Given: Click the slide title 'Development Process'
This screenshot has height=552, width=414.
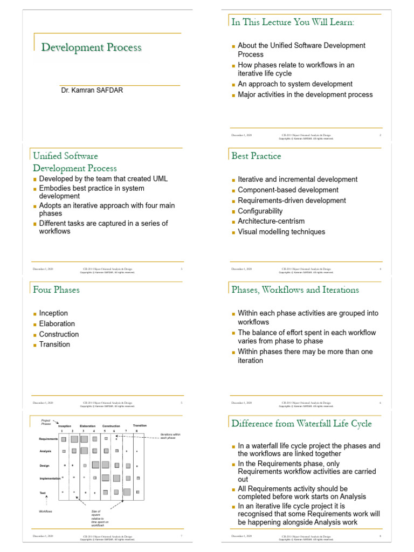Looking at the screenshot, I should point(92,47).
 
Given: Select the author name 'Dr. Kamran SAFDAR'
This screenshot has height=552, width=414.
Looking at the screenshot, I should point(92,90).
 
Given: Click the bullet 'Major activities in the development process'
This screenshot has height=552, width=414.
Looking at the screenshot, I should point(305,94).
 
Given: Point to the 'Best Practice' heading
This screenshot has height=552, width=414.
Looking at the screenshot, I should point(256,156).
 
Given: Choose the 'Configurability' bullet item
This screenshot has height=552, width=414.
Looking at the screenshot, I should point(260,211).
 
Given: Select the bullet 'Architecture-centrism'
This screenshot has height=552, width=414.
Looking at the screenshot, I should point(271,221).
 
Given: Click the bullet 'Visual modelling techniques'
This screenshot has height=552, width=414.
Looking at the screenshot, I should point(281,232).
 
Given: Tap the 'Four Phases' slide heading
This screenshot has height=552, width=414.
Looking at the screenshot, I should point(56,289).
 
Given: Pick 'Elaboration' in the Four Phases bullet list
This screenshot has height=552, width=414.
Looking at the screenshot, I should point(57,323).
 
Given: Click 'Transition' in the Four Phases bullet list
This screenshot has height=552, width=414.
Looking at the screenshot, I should point(54,344).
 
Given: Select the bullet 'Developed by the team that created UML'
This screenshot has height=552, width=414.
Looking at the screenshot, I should point(103,179).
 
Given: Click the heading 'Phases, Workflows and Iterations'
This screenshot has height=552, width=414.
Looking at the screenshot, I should point(295,289).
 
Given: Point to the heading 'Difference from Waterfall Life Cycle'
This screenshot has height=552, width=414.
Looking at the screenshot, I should point(301,423).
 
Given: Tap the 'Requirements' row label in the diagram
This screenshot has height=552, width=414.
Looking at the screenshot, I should point(49,439).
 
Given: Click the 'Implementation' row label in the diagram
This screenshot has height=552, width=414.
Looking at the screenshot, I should point(50,478).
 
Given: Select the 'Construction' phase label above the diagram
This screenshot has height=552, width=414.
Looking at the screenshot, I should point(111,426).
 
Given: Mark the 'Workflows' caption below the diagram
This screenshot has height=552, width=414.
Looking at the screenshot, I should point(45,511).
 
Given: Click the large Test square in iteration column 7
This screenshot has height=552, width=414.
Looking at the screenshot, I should point(127,492).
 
